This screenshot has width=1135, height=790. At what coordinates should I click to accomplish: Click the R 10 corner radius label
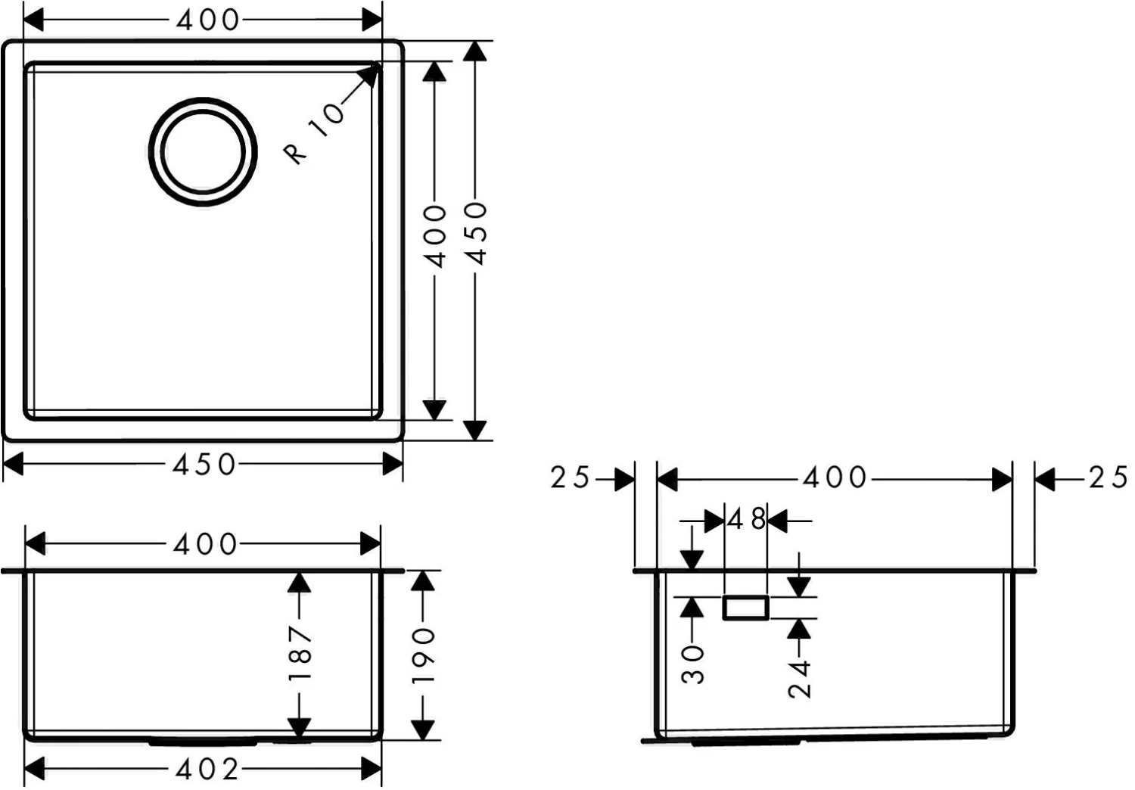(x=314, y=134)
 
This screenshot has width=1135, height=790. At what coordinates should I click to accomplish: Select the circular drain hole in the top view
(x=203, y=152)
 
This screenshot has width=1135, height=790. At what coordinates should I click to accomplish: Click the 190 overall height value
(x=423, y=656)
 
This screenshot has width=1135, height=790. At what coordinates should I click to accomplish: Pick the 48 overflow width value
(x=746, y=520)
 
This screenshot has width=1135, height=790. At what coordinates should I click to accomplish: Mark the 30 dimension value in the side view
(x=693, y=665)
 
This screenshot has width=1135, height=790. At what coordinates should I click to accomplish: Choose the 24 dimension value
(x=800, y=680)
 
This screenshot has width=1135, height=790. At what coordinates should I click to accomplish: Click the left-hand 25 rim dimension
(x=570, y=477)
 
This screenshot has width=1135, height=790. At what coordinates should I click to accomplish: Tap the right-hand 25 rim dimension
(x=1109, y=477)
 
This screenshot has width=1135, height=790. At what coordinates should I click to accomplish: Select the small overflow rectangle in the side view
(x=746, y=608)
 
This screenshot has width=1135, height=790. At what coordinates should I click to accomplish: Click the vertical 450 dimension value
(x=477, y=233)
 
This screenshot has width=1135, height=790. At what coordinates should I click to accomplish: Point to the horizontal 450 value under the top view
(x=204, y=464)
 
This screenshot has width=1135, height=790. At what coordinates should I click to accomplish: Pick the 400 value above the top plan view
(x=208, y=20)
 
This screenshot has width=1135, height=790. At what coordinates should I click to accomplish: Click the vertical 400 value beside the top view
(x=435, y=236)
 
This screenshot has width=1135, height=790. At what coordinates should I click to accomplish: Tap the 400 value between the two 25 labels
(x=835, y=477)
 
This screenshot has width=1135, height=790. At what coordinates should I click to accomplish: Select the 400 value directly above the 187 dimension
(x=205, y=544)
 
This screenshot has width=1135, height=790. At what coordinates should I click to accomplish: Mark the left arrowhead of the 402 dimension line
(x=35, y=770)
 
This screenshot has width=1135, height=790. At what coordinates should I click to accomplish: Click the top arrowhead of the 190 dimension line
(x=423, y=581)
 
